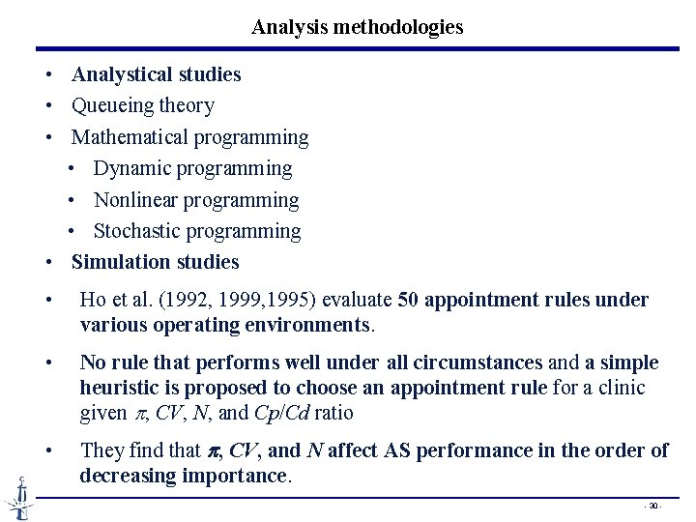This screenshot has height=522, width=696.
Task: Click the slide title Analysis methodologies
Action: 357,27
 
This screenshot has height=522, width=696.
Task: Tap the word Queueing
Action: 110,105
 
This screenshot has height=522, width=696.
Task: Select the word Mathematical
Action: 130,137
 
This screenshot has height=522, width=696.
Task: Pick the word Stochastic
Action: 136,231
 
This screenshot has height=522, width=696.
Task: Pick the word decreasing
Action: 123,476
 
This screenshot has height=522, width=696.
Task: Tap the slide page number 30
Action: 653,506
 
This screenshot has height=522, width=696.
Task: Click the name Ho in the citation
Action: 93,301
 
